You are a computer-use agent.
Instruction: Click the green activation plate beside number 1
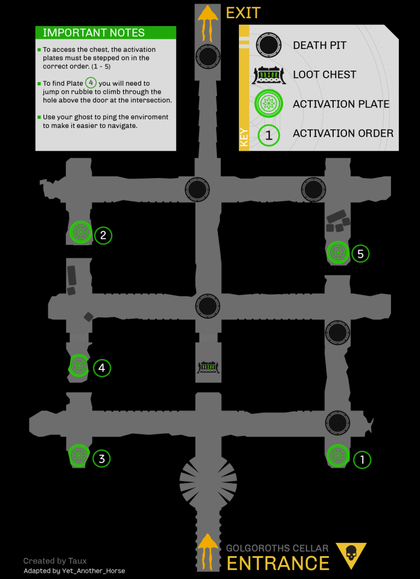coord(337,455)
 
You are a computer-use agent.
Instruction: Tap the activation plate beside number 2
coord(80,231)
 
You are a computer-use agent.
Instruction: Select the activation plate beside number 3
coord(78,456)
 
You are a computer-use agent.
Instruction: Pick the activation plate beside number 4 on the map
coord(78,365)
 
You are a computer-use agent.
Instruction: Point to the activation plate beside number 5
coord(337,252)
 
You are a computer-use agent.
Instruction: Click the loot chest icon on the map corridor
coord(208,367)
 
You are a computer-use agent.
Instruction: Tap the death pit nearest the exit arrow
coord(208,58)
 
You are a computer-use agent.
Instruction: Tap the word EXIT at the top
coord(243,13)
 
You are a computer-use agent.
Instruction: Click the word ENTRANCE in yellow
coord(278,563)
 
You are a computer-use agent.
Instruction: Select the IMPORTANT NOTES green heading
coord(94,33)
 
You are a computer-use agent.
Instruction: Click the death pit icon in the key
coord(269,45)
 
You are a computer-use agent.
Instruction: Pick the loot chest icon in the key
coord(269,75)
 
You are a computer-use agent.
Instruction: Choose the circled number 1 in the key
coord(269,135)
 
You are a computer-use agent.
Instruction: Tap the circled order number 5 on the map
coord(360,254)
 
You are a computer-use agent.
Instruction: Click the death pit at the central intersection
coord(208,306)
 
